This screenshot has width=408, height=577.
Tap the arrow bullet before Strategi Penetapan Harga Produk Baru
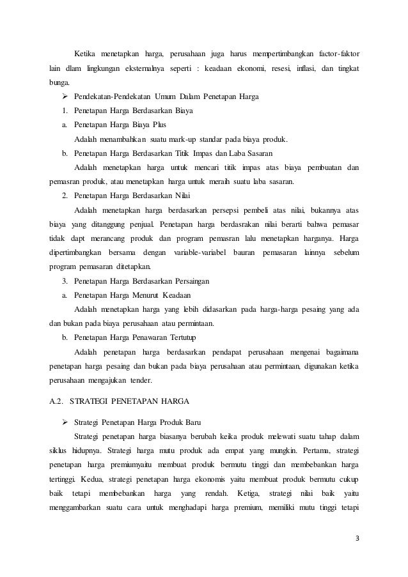tap(65, 422)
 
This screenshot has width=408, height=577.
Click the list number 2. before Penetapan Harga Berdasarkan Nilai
tap(65, 196)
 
